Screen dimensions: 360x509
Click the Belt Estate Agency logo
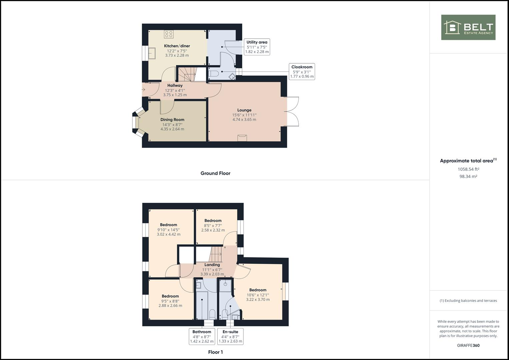468,27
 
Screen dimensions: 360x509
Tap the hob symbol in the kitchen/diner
169,34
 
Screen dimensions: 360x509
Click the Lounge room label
244,110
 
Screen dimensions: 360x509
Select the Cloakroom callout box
302,72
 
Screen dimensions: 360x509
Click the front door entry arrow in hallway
143,90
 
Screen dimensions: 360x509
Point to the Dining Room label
172,120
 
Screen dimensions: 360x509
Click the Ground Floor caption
215,173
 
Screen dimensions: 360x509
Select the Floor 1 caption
215,352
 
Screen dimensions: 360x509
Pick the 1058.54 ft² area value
468,169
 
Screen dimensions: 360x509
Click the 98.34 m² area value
468,177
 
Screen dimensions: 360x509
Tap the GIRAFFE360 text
468,345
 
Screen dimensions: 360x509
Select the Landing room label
212,265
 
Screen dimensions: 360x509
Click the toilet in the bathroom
212,314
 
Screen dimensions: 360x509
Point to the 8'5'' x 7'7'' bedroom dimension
213,225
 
